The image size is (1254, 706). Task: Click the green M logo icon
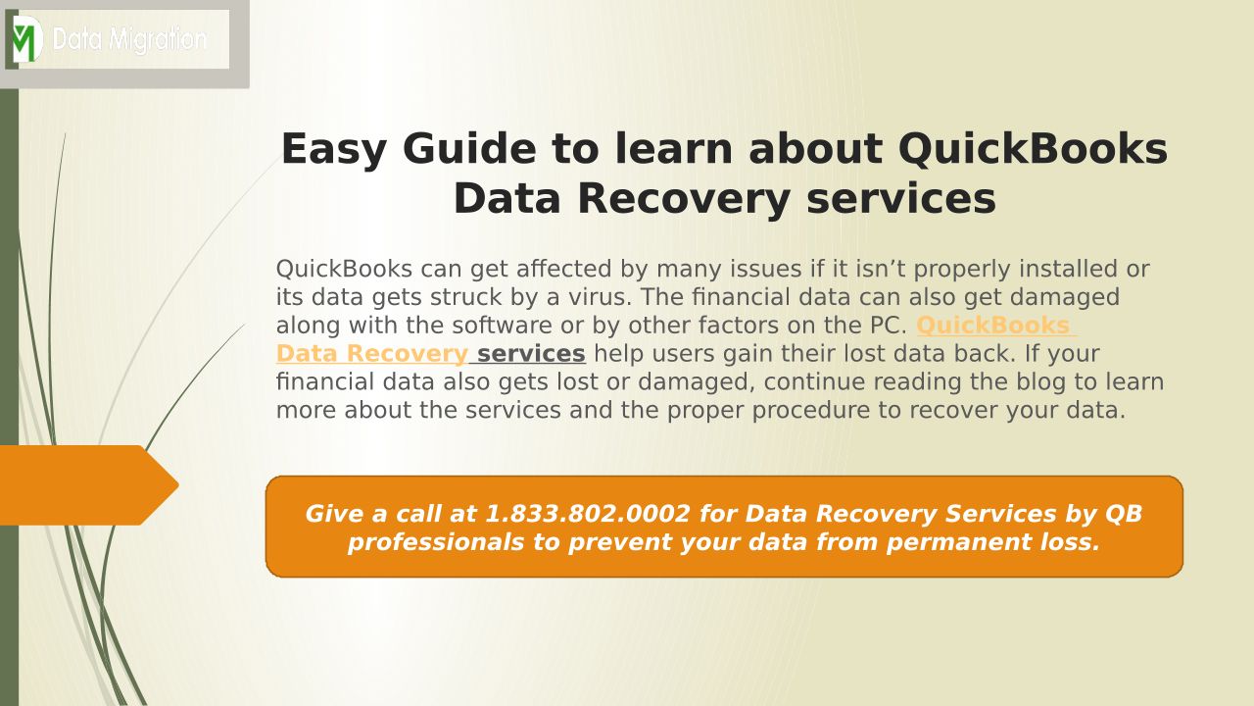26,39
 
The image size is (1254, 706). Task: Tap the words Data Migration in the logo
129,40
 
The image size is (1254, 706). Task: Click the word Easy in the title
334,150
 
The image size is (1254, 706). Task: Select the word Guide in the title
469,149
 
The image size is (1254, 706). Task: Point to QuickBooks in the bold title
1033,149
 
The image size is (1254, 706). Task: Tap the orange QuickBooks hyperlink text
993,326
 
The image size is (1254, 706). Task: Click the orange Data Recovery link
371,354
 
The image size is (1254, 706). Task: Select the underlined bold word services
531,354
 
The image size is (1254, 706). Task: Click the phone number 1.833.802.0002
588,514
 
